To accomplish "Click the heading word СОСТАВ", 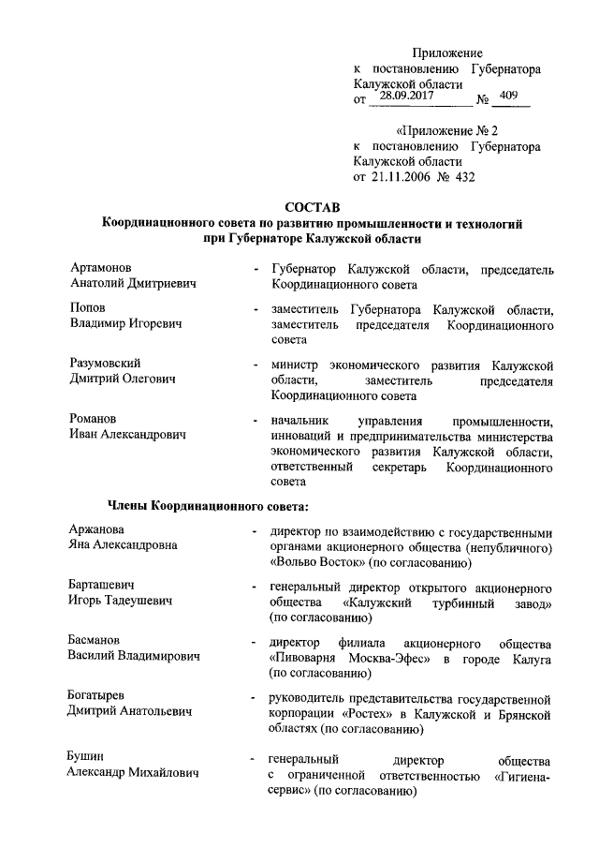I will [313, 207].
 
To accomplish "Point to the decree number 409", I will [511, 96].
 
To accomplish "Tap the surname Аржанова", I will [102, 530].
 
